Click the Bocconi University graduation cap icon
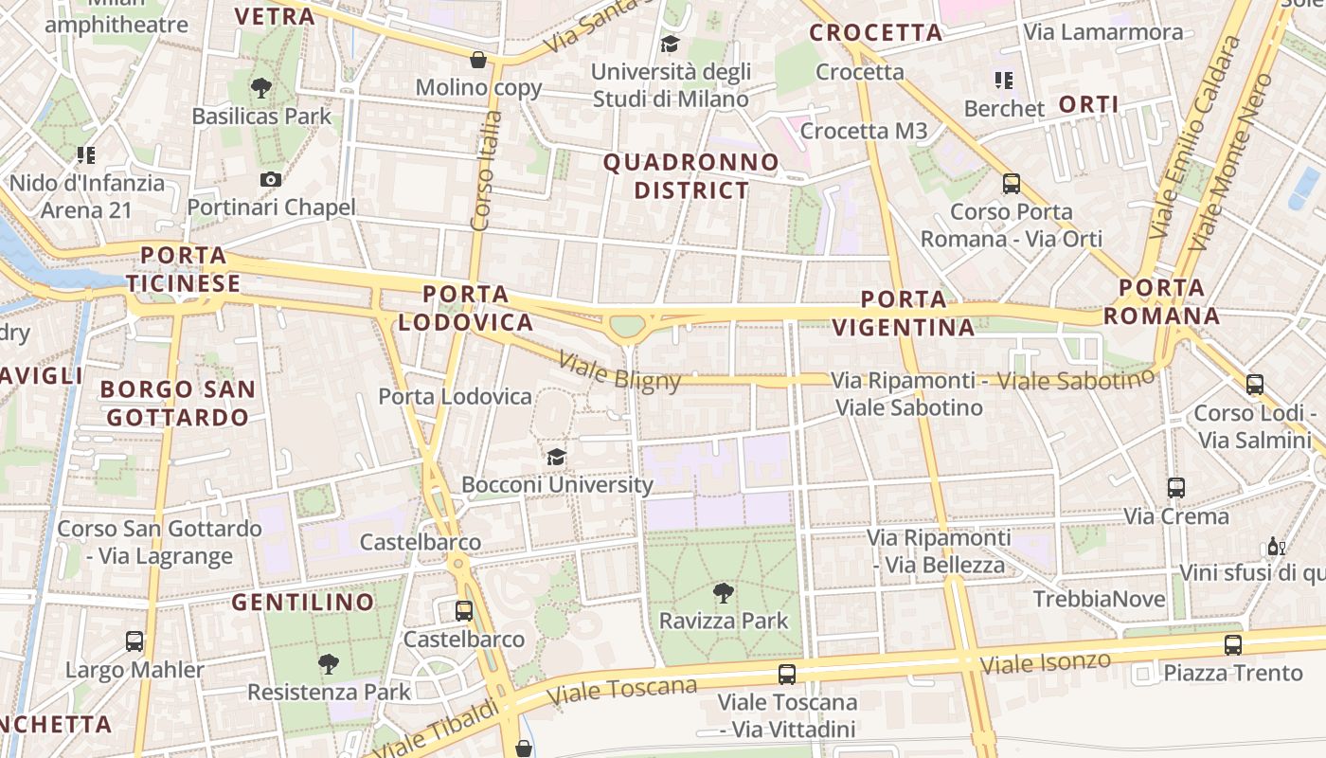pos(556,457)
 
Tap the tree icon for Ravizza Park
pos(724,594)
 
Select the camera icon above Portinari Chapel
pos(271,180)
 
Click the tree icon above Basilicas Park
pos(261,89)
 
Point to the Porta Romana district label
pos(1161,301)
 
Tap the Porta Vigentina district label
pos(904,314)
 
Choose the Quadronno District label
pos(691,176)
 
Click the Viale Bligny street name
pos(619,370)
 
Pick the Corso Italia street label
pos(486,171)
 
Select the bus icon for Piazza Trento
pos(1232,645)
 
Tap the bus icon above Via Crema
pos(1175,488)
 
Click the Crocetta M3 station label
pos(863,131)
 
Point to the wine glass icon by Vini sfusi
pos(1277,547)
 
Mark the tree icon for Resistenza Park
pos(329,663)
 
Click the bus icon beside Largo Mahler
pos(134,641)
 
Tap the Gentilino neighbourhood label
pos(303,602)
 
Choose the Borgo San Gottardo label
pos(178,403)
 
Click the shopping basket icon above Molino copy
pos(479,60)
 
